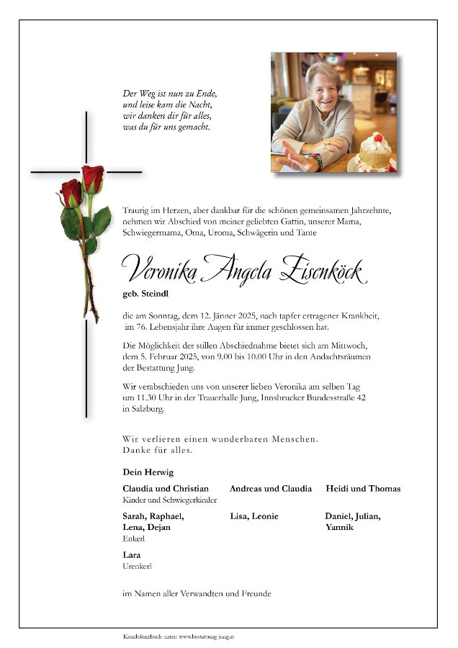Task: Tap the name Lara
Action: [132, 554]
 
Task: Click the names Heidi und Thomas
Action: [363, 489]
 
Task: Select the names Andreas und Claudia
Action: [271, 489]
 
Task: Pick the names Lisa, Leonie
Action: [254, 516]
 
